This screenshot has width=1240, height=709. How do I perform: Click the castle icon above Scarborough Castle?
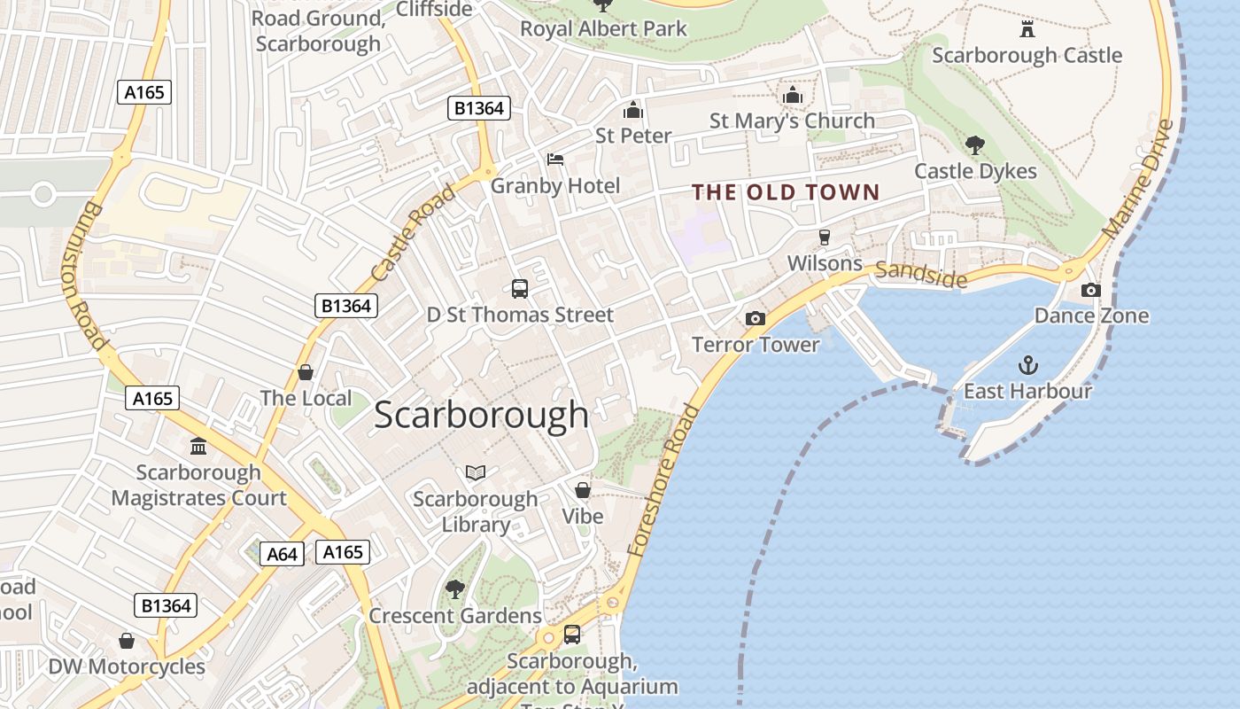point(1027,29)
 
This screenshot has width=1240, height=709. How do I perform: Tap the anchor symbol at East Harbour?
point(1027,364)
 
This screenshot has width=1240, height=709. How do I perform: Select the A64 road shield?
point(283,554)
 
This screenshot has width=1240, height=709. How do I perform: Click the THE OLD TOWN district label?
point(786,192)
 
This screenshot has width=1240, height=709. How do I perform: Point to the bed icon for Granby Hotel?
point(555,160)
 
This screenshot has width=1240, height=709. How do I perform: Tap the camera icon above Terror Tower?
point(755,318)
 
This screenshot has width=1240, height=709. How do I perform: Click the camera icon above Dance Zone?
point(1091,290)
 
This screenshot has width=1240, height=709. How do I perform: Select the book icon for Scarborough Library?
point(476,472)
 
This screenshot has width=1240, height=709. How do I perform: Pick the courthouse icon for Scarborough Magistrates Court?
point(198,446)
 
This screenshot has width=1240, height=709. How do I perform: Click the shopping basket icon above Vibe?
point(583,490)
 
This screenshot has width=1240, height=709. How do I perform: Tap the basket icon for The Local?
point(306,372)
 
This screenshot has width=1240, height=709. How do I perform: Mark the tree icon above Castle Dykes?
point(975,144)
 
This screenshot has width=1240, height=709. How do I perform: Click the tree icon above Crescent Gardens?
point(455,588)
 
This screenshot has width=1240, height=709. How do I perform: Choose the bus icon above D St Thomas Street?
point(520,288)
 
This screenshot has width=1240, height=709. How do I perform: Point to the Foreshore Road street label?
point(663,480)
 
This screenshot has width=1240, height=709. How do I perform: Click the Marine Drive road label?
point(1139,179)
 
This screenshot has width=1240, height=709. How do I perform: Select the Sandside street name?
point(921,275)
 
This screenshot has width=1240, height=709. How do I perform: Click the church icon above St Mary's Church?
point(792,95)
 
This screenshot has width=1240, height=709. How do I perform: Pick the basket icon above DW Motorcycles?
point(127,640)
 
